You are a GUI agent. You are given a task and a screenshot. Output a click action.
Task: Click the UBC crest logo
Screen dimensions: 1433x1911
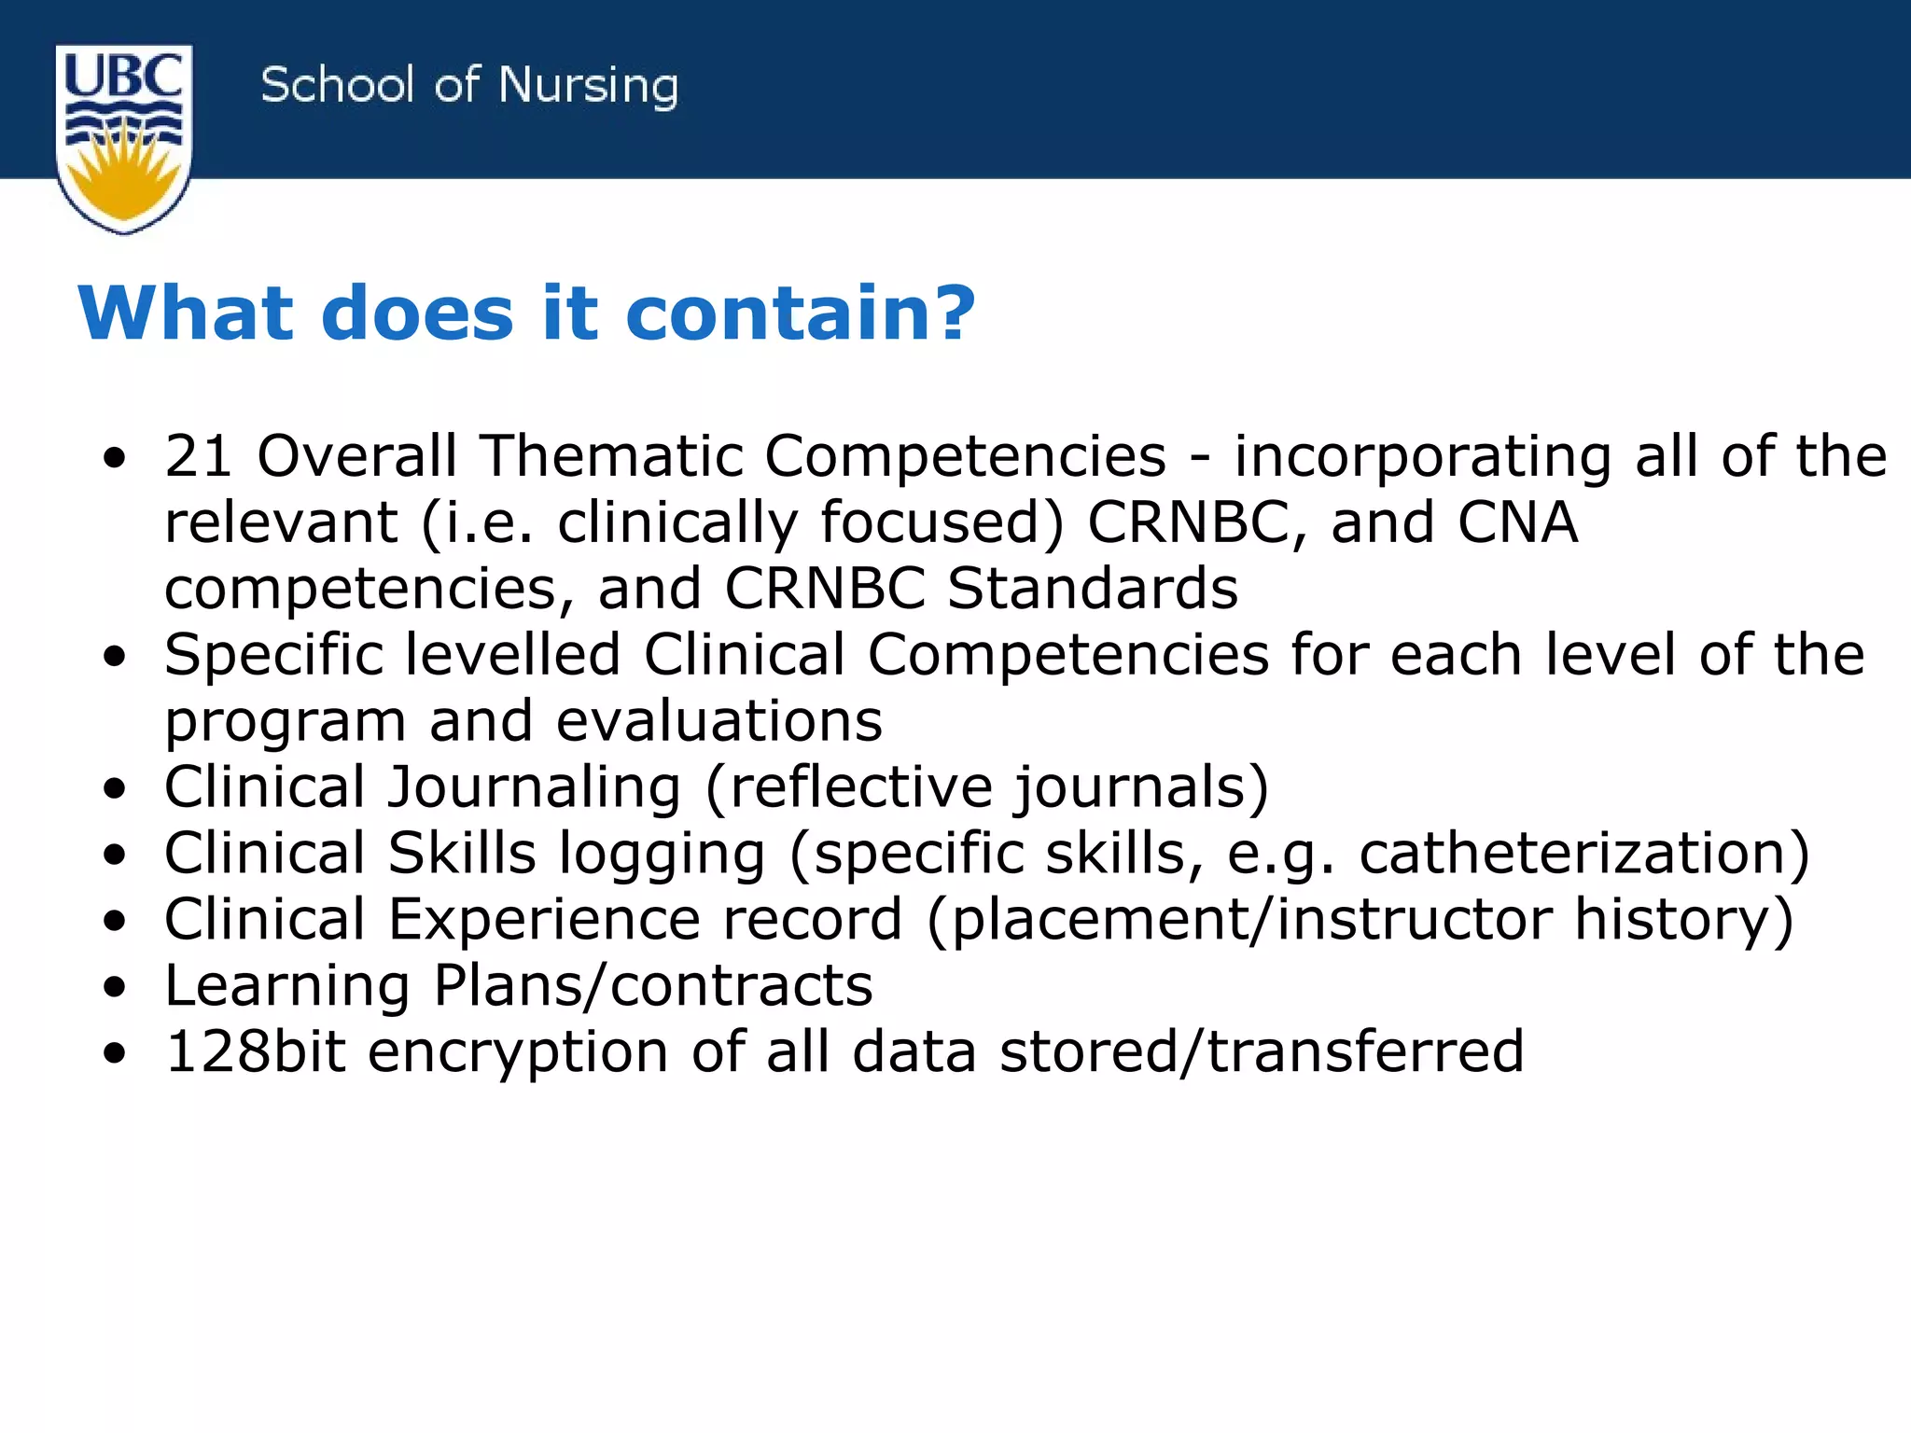coord(124,138)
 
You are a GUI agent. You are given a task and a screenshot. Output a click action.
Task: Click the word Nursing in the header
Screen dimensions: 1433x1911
coord(588,87)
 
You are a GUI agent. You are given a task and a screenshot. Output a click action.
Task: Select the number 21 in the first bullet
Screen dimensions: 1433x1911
coord(198,456)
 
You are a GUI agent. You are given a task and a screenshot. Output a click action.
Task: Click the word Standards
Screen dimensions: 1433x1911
coord(1093,589)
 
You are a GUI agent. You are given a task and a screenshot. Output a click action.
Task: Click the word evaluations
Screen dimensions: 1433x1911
coord(718,722)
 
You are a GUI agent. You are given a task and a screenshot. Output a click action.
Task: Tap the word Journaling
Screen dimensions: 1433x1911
coord(535,788)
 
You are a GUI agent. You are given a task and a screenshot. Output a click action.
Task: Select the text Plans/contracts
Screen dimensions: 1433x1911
coord(653,986)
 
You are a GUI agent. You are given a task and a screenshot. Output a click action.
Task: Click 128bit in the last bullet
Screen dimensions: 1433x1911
coord(255,1052)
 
